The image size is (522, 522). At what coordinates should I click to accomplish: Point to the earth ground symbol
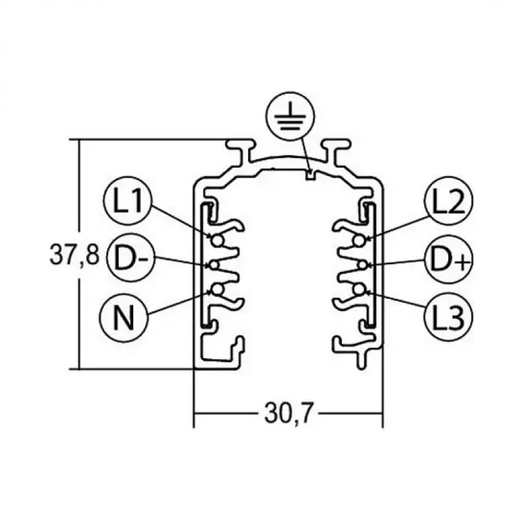tap(290, 116)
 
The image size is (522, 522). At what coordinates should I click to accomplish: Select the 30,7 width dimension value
tap(288, 413)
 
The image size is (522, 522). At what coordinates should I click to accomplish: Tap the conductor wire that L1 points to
tap(217, 241)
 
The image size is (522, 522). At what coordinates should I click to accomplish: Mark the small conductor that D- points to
tap(214, 266)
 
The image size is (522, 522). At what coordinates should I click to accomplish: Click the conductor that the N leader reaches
tap(217, 290)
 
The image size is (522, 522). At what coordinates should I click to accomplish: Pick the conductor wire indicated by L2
tap(359, 240)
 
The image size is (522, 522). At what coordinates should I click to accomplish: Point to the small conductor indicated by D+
tap(362, 265)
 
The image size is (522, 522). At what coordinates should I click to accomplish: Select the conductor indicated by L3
tap(359, 289)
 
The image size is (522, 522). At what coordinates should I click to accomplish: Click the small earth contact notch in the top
tap(311, 175)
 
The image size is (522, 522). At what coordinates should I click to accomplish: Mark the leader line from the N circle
tap(179, 303)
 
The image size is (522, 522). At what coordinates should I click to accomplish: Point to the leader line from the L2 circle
tap(398, 227)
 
